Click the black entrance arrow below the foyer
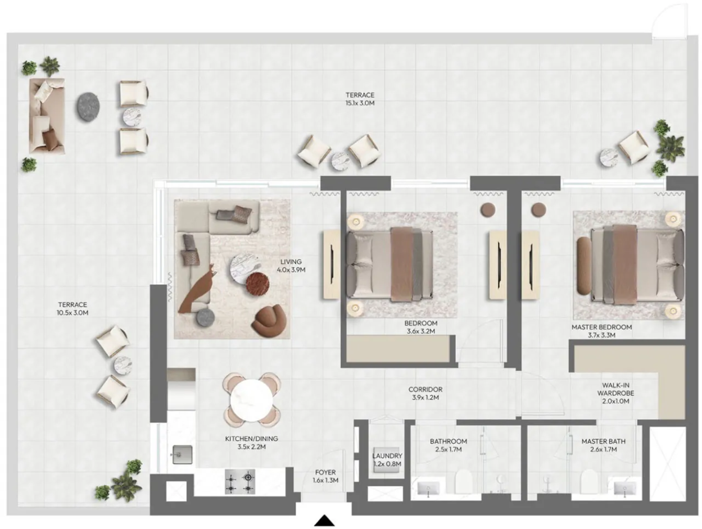tap(324, 520)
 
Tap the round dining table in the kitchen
tap(252, 399)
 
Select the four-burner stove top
tap(240, 481)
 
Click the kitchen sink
tap(182, 454)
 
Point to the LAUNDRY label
tap(387, 456)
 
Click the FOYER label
tap(325, 472)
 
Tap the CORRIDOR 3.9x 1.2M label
tap(425, 394)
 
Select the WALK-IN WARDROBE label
tap(615, 393)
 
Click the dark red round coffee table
tap(257, 284)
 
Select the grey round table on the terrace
tap(88, 107)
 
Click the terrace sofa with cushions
tap(47, 116)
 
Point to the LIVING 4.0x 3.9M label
tap(291, 266)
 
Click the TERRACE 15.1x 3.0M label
tap(360, 99)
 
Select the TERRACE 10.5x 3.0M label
tap(73, 309)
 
